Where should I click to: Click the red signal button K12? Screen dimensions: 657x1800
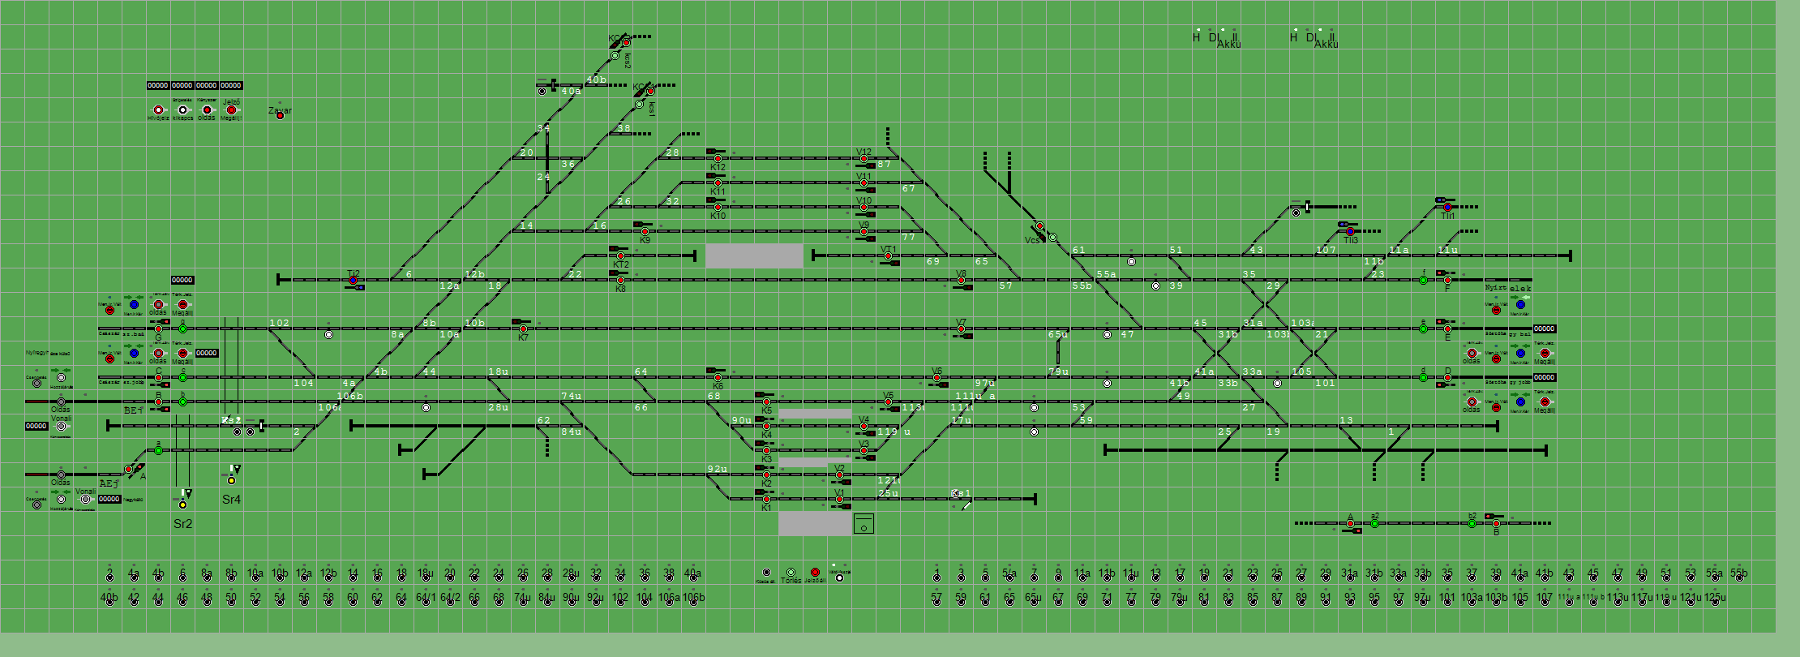coord(718,159)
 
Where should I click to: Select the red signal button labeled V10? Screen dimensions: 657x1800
coord(864,208)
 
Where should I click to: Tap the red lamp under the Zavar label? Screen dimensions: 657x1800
coord(280,116)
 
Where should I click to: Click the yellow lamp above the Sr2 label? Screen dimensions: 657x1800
coord(182,505)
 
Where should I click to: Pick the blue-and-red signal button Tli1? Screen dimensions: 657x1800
coord(1447,208)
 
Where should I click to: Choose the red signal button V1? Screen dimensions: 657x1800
coord(839,500)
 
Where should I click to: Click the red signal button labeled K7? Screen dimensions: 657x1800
coord(523,329)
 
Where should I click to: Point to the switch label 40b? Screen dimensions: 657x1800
coord(596,79)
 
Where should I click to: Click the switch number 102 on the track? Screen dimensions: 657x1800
coord(279,323)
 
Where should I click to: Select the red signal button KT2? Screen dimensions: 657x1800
coord(620,256)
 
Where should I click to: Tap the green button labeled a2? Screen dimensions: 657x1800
coord(1374,524)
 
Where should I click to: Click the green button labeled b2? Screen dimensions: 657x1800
coord(1472,524)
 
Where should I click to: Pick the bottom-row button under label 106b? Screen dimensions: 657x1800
coord(693,603)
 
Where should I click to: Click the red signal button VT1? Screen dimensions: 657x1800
coord(888,256)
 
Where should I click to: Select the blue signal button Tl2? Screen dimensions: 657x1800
coord(353,281)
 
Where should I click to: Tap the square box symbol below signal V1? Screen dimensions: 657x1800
coord(864,524)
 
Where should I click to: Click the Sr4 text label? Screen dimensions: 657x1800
coord(231,500)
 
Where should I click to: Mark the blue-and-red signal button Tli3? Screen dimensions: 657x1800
coord(1350,232)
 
